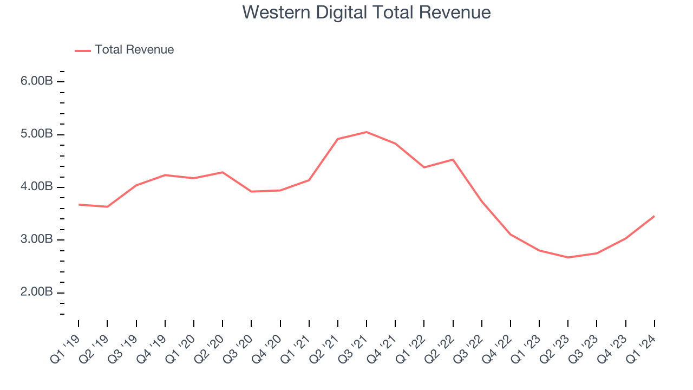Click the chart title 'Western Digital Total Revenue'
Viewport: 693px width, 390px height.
coord(367,12)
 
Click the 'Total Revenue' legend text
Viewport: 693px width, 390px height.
coord(134,50)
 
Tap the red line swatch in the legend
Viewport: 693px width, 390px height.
coord(83,50)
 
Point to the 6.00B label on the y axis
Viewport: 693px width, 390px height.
coord(37,81)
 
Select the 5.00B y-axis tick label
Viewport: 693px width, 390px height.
coord(37,134)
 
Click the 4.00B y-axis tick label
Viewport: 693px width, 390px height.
coord(37,187)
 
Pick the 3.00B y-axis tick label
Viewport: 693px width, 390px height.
coord(37,239)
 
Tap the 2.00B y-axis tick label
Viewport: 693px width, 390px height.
coord(37,292)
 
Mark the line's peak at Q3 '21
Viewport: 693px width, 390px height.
coord(367,132)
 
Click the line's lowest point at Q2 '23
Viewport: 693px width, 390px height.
coord(568,257)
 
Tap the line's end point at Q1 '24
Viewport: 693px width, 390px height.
coord(654,216)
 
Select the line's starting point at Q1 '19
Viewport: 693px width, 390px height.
coord(79,205)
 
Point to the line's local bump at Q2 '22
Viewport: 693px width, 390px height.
coord(453,160)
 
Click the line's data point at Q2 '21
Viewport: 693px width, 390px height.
coord(338,139)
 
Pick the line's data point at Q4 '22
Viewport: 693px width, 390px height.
coord(511,235)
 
